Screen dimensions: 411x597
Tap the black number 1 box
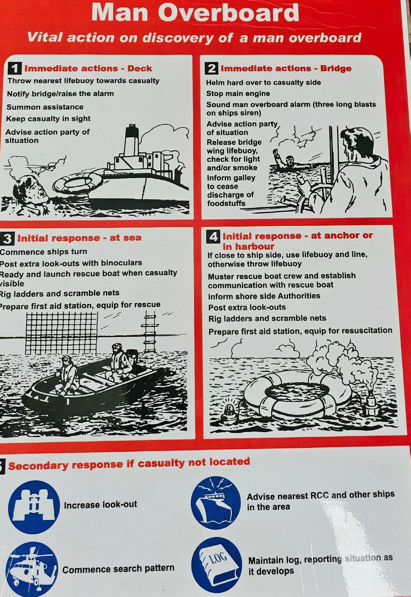pos(14,68)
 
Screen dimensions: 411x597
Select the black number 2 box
pos(211,68)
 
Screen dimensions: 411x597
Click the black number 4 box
pos(213,236)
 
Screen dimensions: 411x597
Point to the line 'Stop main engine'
pos(238,93)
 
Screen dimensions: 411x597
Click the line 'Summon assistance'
pos(45,107)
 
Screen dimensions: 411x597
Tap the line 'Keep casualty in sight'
pos(48,119)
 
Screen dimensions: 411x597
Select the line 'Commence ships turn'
pos(44,252)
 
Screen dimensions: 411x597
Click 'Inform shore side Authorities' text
pos(264,296)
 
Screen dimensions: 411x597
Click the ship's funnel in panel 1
pos(131,140)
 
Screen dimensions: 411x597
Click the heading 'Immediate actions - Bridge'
pos(286,68)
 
